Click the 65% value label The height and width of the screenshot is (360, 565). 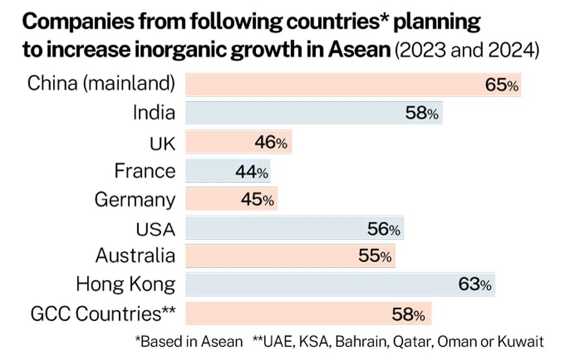tap(502, 85)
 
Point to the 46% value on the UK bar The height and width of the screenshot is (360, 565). tap(271, 143)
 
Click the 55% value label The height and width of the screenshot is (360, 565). tap(375, 256)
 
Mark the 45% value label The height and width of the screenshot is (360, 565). tap(257, 200)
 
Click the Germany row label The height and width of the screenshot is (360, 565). tap(135, 200)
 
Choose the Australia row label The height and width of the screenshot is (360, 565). tap(135, 256)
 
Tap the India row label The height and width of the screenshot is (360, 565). tap(154, 113)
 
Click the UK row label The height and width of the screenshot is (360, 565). tap(162, 143)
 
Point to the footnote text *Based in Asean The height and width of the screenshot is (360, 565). tap(189, 342)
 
